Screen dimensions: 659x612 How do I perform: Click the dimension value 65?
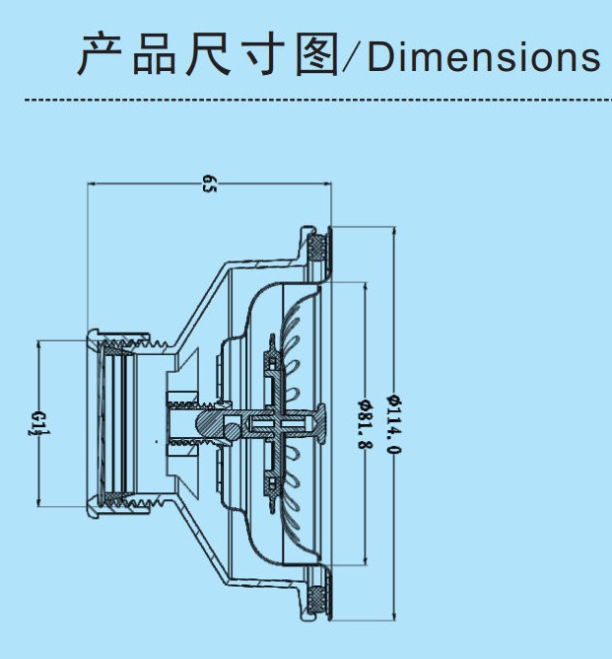209,183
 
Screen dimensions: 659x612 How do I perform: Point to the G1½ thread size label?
36,423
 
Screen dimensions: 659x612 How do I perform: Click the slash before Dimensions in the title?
351,58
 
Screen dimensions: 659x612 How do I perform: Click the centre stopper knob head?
317,421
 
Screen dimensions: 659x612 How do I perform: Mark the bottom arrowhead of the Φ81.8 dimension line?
365,563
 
